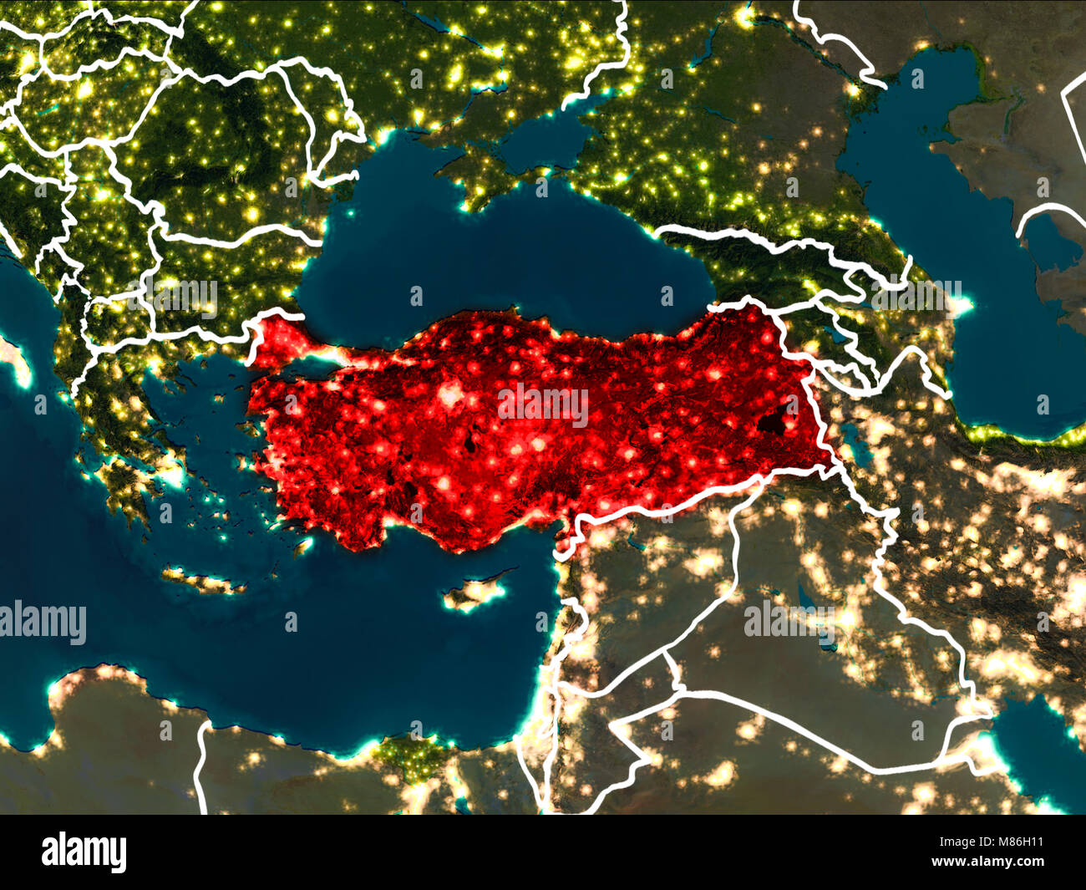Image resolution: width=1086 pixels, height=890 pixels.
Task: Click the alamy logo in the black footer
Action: click(84, 852)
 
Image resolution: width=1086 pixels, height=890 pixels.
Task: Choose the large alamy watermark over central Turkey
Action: click(543, 405)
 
